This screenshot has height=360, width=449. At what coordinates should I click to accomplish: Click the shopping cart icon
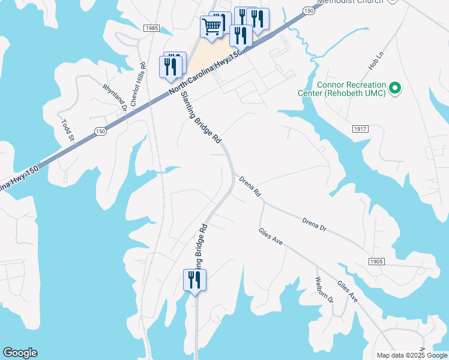pos(211,27)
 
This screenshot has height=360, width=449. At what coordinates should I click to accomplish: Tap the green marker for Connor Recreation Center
pos(394,89)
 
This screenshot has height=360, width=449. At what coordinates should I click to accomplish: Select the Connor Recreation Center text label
pos(342,89)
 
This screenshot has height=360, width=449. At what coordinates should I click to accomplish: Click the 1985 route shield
pos(152,28)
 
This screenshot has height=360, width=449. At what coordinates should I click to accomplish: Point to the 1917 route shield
pos(360,129)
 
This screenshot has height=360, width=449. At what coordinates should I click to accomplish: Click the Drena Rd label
pos(250,187)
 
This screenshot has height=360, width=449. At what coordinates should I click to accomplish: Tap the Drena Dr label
pos(314,225)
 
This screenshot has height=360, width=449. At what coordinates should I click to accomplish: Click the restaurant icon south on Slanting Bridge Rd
pos(194,280)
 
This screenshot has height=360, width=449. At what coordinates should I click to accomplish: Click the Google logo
pos(20,353)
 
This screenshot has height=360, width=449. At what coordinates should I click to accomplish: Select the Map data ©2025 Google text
pos(412,355)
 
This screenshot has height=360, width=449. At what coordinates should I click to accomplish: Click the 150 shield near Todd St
pos(100,131)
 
